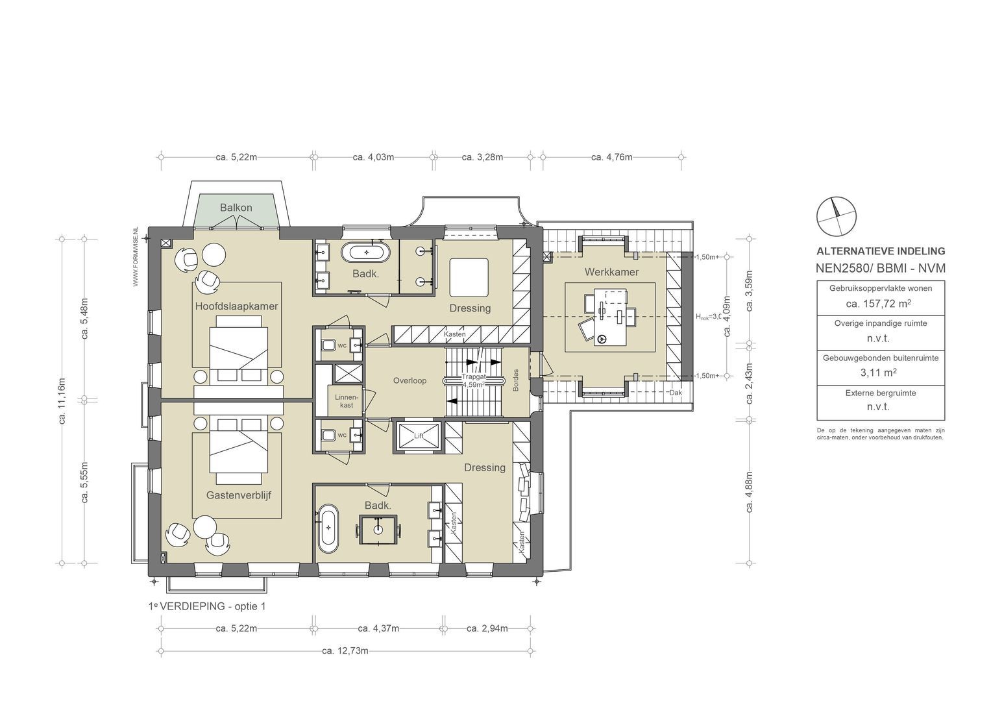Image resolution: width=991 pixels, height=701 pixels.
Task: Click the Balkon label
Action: pos(236,208)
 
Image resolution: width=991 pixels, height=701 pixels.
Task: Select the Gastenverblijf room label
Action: pos(238,495)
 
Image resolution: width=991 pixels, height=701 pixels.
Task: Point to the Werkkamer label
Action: pos(611,272)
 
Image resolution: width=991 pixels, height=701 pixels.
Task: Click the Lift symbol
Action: pos(419,436)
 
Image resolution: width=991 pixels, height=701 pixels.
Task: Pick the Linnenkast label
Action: pos(343,400)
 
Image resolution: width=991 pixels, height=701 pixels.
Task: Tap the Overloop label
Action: pos(410,380)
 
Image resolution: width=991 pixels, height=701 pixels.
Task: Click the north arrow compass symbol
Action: pos(836,216)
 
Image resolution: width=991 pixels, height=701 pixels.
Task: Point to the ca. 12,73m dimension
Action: pos(345,651)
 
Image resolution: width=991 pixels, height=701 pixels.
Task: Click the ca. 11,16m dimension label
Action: pos(63,400)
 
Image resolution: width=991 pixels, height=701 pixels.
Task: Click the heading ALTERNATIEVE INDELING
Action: pos(880,251)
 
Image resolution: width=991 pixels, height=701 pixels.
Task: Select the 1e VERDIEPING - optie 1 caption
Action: pos(206,606)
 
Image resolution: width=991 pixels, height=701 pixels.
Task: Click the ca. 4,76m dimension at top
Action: pos(611,156)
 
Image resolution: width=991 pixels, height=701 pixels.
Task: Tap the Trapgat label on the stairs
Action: pos(474,377)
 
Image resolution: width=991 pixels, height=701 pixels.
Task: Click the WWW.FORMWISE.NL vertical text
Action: pos(136,257)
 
